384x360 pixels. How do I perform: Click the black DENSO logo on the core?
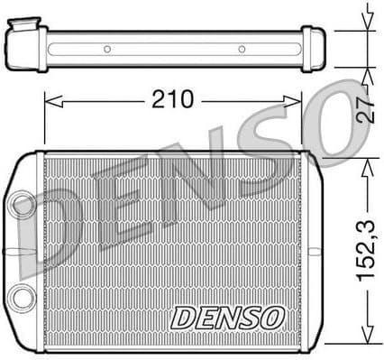pos(227,318)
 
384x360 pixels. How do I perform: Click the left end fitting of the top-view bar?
pos(25,43)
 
